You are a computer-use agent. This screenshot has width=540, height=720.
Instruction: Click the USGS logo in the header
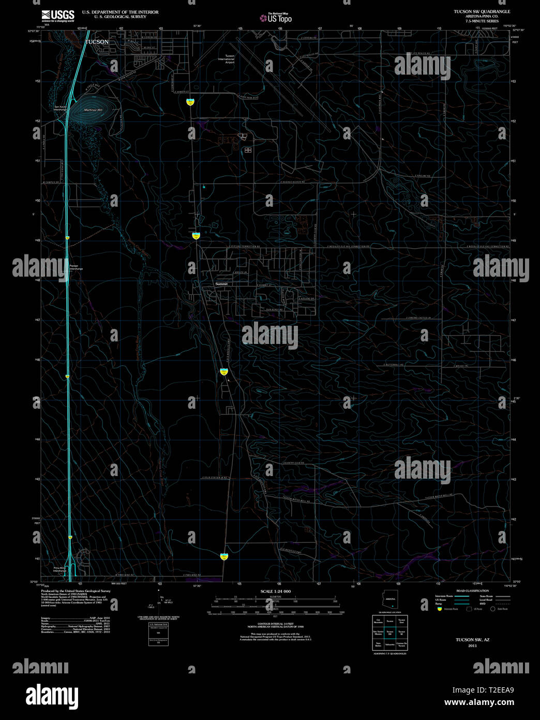58,15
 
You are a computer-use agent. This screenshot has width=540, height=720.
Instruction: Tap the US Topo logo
276,18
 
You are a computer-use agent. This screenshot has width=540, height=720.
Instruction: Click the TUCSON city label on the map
97,42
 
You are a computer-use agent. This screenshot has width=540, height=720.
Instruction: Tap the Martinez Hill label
94,110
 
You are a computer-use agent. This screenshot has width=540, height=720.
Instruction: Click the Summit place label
221,284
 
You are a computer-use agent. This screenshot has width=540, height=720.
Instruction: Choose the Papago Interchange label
76,267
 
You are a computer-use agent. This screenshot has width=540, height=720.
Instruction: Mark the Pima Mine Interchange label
59,569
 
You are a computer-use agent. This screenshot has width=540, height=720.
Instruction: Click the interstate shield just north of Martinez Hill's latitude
190,102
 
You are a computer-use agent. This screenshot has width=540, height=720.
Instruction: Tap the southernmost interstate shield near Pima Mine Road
224,557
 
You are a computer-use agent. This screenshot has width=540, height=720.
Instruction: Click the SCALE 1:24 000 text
276,591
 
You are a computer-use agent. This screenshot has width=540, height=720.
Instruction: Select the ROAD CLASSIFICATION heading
472,591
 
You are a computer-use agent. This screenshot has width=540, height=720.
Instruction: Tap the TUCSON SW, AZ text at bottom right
472,640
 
